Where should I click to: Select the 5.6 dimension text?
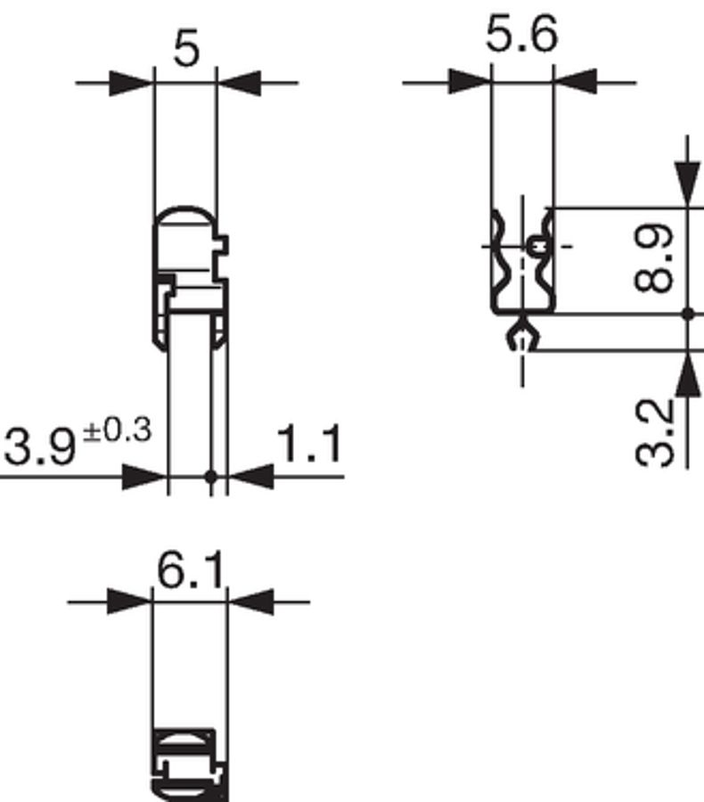522,37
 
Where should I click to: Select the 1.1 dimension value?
309,446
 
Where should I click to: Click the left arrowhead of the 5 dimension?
132,84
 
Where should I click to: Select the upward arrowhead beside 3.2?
687,374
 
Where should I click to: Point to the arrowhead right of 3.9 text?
145,477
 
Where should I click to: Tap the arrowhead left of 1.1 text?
250,477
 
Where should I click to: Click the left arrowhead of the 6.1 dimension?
130,601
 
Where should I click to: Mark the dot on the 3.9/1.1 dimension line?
211,477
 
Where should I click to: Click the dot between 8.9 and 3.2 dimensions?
687,314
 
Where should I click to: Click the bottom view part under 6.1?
189,762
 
